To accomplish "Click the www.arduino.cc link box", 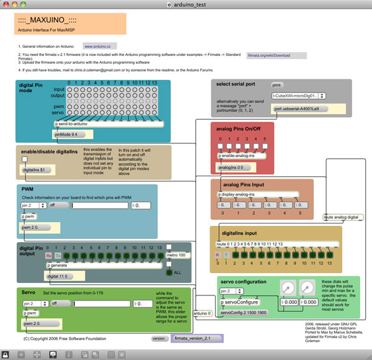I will (x=97, y=47).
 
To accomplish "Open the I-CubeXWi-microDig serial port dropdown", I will (x=299, y=96).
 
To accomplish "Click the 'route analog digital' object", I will (x=343, y=217).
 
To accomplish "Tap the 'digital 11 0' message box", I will (x=61, y=275).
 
